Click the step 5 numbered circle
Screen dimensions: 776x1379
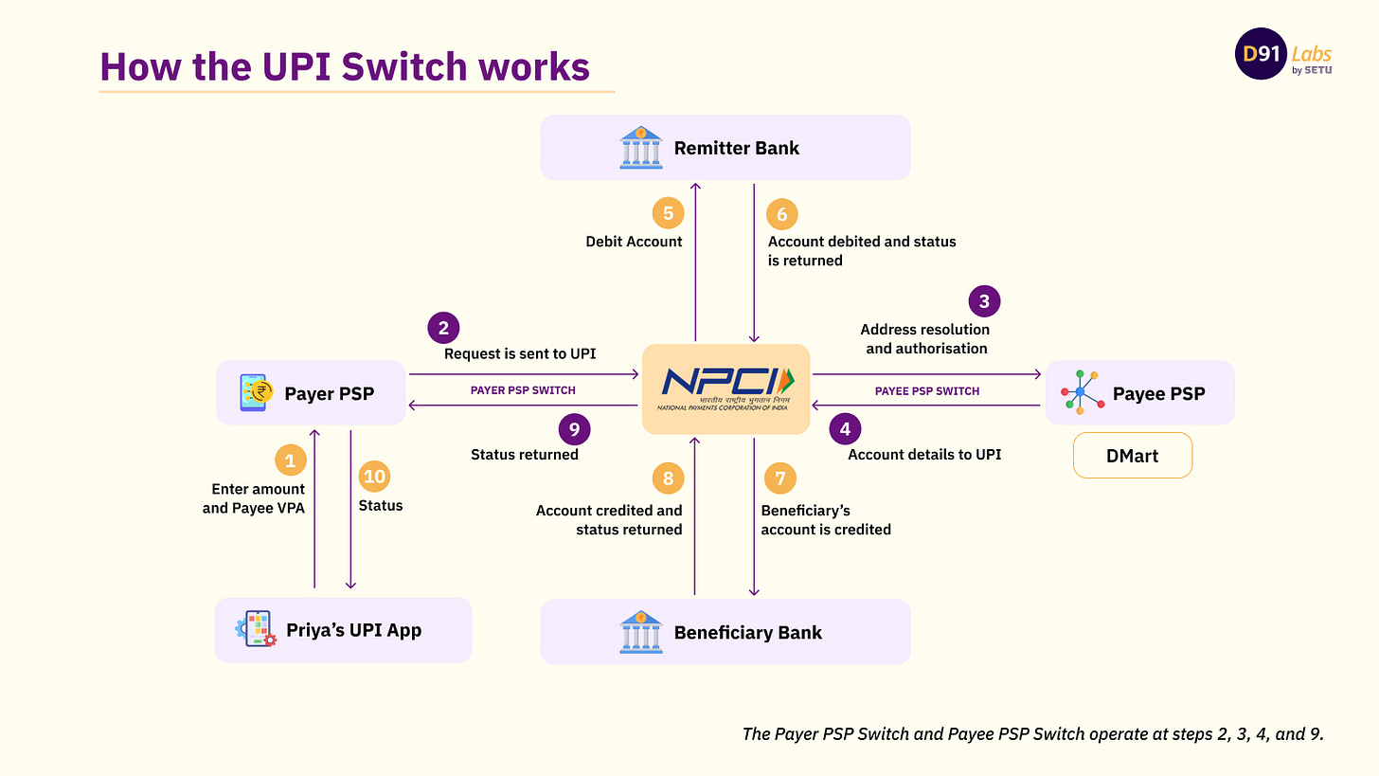coord(668,213)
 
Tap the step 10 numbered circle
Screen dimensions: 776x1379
coord(375,477)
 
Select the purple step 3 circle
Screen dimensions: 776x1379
coord(984,302)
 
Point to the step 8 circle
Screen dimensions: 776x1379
coord(668,478)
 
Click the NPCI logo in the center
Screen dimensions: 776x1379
coord(725,388)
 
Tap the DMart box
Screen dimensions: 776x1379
coord(1132,456)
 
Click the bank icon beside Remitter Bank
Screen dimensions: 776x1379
coord(641,148)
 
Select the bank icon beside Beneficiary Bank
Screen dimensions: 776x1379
coord(641,632)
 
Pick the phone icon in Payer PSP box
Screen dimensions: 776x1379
coord(257,392)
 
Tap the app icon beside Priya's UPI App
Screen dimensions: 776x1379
coord(256,629)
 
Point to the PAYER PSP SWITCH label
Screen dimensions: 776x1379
coord(523,390)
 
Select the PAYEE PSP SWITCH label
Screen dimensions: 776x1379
coord(927,391)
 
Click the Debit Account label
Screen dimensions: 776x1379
coord(634,242)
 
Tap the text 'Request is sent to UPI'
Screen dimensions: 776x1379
coord(520,354)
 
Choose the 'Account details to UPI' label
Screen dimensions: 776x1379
coord(924,455)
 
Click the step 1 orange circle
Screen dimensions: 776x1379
coord(291,460)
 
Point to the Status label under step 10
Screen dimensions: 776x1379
coord(381,506)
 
